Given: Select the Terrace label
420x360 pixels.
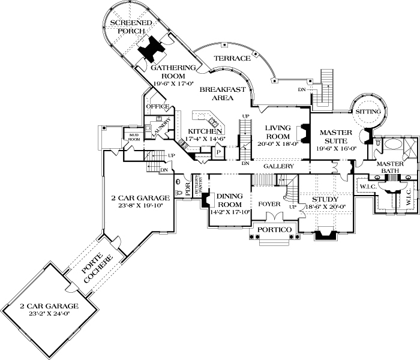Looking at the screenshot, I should (232, 58).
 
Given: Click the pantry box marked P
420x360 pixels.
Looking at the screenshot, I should (218, 152).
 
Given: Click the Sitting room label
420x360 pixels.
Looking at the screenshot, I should (368, 112).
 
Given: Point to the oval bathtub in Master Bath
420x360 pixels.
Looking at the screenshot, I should (393, 145).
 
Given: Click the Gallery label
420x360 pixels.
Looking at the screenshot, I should (279, 166).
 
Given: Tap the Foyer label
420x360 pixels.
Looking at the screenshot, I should (269, 204).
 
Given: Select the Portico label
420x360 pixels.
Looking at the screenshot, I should (273, 230).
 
